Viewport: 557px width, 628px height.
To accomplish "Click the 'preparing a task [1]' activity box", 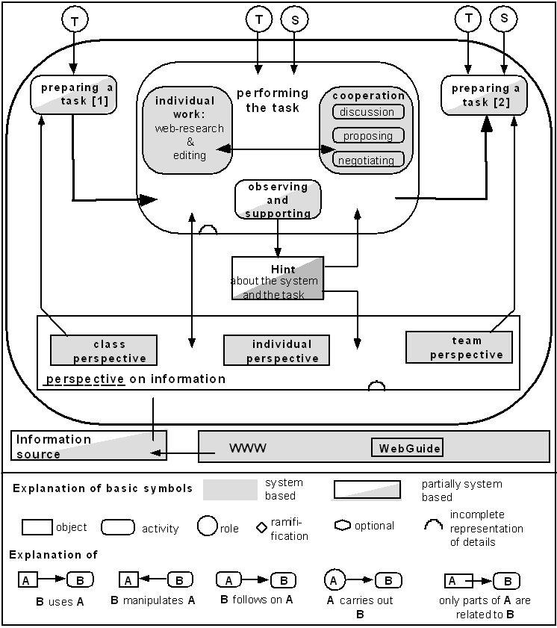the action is click(x=74, y=95).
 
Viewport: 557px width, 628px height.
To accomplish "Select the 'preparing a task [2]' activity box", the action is click(x=484, y=95).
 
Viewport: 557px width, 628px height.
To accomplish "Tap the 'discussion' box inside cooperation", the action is click(x=368, y=112).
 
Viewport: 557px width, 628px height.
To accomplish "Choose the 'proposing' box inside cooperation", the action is click(x=368, y=135).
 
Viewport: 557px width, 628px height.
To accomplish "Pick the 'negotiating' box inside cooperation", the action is click(x=368, y=159).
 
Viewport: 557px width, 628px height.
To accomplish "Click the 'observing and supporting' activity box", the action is click(x=278, y=199).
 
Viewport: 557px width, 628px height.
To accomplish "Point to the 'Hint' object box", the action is click(x=278, y=279).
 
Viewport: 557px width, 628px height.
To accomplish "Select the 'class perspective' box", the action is click(x=104, y=350).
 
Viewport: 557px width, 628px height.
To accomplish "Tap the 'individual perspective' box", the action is click(x=277, y=350).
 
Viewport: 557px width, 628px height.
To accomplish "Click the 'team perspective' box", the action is click(x=459, y=347).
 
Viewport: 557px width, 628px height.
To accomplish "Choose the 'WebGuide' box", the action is click(x=407, y=448).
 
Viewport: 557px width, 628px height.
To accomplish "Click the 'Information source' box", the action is click(x=89, y=446).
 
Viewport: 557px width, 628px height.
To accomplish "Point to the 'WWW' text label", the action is click(x=248, y=448).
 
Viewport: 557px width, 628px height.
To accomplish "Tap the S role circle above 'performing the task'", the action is click(x=295, y=19).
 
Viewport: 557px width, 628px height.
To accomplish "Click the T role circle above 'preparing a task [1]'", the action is click(x=75, y=19).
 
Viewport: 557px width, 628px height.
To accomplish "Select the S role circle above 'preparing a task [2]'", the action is click(x=504, y=19).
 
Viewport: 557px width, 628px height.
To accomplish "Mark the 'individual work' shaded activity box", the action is click(x=187, y=130).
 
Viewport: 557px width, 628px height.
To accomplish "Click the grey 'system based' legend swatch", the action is click(x=230, y=490).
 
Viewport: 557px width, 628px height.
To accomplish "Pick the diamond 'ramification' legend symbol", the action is click(x=261, y=527).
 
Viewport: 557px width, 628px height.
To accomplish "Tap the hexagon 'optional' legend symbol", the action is click(x=343, y=526).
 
